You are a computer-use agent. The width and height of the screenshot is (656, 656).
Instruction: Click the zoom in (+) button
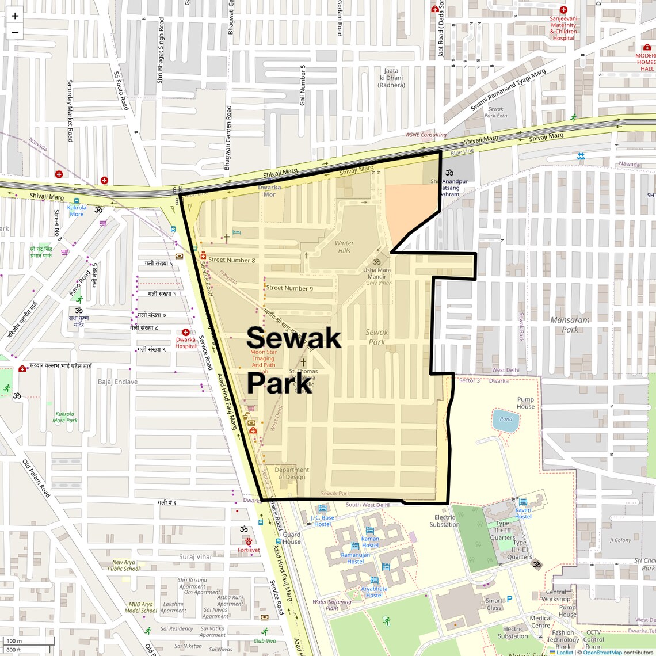point(15,16)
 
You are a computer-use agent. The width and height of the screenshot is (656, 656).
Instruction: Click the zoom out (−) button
point(15,32)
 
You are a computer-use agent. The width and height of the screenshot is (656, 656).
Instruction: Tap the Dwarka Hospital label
point(185,343)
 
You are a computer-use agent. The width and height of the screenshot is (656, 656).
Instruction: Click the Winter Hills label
point(344,247)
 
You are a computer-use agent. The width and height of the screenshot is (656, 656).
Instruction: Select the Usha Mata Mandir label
point(377,273)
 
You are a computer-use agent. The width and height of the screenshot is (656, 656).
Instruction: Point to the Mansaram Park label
point(570,325)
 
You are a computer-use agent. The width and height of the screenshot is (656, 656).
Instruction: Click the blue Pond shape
point(506,419)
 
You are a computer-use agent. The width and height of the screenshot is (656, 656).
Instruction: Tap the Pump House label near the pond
point(525,403)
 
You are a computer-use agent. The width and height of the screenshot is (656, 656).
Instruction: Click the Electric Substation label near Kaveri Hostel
point(444,521)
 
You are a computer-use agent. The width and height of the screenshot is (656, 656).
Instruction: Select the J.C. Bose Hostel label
point(322,521)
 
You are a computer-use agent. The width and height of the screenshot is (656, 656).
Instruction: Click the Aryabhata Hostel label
point(374,592)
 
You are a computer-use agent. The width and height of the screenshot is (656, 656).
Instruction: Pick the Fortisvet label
point(249,550)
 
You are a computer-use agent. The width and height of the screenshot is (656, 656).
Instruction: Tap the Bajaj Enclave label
point(117,382)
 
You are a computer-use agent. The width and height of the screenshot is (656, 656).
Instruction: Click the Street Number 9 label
point(289,288)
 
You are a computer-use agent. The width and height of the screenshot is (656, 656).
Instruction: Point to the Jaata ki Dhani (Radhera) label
point(391,78)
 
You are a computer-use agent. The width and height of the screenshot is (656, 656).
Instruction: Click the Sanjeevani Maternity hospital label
point(563,28)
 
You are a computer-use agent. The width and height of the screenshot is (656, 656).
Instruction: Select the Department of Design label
point(292,473)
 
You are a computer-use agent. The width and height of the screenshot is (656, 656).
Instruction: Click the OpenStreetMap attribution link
point(602,652)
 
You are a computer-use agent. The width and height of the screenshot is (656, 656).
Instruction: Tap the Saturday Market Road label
point(70,110)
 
